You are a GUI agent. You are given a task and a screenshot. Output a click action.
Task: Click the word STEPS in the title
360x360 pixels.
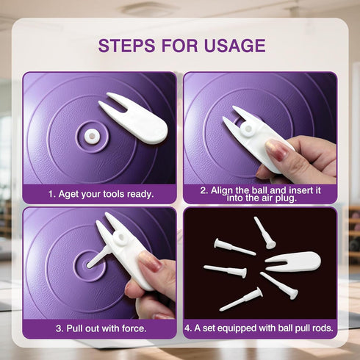pyautogui.click(x=126, y=46)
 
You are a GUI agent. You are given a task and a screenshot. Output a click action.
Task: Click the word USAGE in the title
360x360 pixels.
pyautogui.click(x=234, y=46)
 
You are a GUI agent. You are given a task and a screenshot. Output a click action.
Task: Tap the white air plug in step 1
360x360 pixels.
pyautogui.click(x=91, y=135)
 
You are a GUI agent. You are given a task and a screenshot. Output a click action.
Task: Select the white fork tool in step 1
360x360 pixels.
pyautogui.click(x=134, y=118)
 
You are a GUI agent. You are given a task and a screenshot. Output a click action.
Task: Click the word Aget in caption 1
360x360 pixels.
pyautogui.click(x=69, y=195)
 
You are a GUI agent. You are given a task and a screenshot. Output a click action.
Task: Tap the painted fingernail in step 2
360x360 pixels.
pyautogui.click(x=276, y=148)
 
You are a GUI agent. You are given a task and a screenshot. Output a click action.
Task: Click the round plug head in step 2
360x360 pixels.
pyautogui.click(x=248, y=129)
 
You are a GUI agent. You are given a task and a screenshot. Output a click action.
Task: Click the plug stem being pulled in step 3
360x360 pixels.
pyautogui.click(x=98, y=256)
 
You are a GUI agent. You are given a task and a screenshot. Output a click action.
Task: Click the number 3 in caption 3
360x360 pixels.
pyautogui.click(x=59, y=328)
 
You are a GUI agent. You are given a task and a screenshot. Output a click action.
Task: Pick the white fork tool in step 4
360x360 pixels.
pyautogui.click(x=293, y=262)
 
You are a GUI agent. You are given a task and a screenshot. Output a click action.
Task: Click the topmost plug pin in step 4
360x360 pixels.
pyautogui.click(x=264, y=233)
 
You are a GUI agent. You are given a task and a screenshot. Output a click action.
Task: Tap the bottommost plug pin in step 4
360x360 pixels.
pyautogui.click(x=241, y=299)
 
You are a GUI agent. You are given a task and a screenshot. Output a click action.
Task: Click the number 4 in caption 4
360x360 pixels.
pyautogui.click(x=188, y=328)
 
